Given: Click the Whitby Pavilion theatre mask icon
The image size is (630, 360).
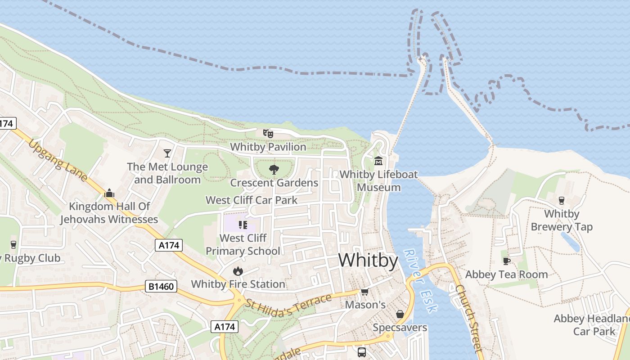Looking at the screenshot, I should (268, 133).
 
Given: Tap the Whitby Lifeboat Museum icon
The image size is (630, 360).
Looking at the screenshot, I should (378, 161).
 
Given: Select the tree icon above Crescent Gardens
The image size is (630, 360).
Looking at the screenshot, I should (274, 169).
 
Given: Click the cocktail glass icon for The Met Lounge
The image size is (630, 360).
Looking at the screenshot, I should (167, 153).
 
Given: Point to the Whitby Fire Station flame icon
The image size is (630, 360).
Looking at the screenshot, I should (238, 270).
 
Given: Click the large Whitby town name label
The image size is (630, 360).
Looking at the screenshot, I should (368, 261).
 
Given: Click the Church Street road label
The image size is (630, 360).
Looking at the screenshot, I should (468, 318).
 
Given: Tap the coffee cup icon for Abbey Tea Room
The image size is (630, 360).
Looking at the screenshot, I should (507, 261).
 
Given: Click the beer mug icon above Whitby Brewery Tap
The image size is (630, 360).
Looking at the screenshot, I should (561, 200).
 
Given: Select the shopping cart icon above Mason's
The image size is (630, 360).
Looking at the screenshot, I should (364, 292).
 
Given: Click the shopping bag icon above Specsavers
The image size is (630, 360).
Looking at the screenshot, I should (400, 314).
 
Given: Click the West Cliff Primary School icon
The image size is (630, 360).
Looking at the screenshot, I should (243, 225).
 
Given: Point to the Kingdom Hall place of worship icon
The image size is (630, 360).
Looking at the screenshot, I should (109, 193).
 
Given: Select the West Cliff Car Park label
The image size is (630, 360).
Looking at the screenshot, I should (252, 200).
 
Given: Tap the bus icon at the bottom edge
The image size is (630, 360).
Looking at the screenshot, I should (362, 352).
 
